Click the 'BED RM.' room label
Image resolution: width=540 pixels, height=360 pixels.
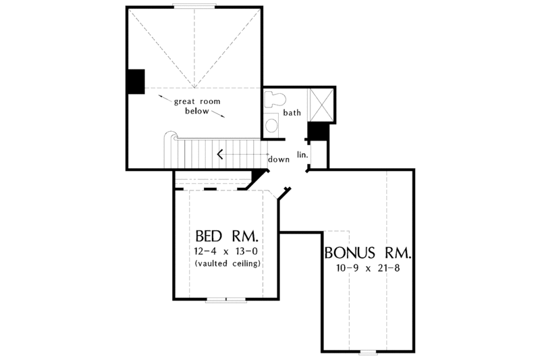[226, 237]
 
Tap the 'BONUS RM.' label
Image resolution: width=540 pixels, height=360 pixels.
[368, 255]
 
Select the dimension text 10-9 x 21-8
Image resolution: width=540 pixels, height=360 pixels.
[368, 269]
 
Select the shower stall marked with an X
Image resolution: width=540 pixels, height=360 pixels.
[321, 103]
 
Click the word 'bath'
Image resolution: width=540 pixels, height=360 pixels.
[292, 113]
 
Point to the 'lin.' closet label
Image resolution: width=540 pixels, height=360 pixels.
[302, 155]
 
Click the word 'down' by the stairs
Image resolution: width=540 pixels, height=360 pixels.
[278, 159]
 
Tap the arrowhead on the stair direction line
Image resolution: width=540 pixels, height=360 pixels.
[219, 154]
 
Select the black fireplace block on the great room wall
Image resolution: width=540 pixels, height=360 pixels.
[135, 81]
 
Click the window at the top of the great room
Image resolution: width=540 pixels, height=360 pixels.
[194, 7]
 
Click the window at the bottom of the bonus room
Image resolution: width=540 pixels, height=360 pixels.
[369, 351]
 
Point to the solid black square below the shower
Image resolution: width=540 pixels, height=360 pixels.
[317, 131]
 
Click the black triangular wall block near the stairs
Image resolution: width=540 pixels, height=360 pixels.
[257, 178]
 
